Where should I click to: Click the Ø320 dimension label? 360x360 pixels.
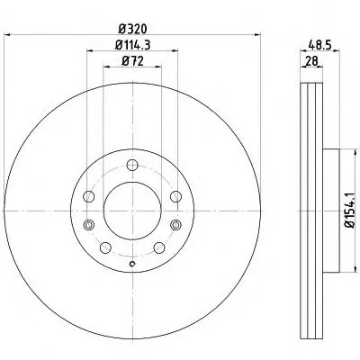click(132, 29)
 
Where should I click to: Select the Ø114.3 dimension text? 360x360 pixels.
click(132, 45)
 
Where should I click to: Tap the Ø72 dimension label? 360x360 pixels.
click(132, 61)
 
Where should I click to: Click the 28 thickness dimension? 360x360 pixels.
click(311, 61)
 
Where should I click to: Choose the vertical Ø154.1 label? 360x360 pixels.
click(350, 211)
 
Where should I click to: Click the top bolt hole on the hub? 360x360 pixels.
click(132, 165)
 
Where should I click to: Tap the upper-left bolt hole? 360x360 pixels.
click(89, 196)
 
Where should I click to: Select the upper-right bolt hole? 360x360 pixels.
click(175, 196)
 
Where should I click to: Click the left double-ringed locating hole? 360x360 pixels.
click(89, 225)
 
